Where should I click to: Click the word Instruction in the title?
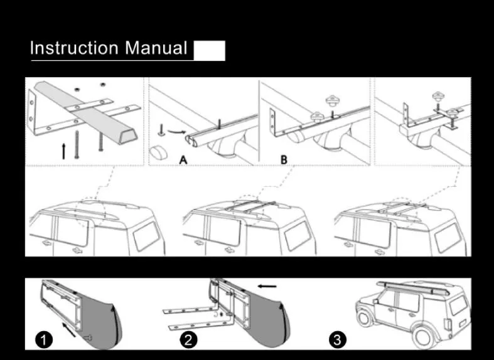tap(74, 48)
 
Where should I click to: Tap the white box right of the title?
tap(209, 50)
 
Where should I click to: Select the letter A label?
tap(183, 159)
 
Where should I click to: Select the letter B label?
tap(284, 159)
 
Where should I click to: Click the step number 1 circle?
tap(43, 341)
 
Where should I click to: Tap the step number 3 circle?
tap(337, 341)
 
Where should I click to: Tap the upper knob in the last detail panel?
tap(438, 97)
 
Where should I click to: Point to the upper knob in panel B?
tap(332, 100)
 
